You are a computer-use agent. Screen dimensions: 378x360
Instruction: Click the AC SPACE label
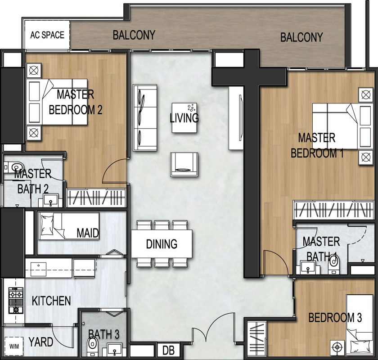tap(47, 35)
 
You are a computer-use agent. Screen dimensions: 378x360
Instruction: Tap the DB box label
tap(168, 351)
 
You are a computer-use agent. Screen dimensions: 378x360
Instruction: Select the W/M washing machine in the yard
tap(14, 346)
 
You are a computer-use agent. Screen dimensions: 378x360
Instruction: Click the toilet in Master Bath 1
tap(334, 265)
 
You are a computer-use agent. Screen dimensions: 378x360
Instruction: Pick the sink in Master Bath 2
tap(50, 201)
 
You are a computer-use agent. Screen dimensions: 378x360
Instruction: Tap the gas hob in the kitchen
tap(16, 300)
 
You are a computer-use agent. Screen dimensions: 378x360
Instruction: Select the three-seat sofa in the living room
tap(145, 117)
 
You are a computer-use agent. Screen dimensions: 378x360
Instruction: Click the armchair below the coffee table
tap(184, 164)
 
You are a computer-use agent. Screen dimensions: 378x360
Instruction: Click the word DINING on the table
tap(162, 244)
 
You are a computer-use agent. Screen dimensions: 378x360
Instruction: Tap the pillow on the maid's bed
tap(47, 225)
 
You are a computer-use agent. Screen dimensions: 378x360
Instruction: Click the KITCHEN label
tap(51, 301)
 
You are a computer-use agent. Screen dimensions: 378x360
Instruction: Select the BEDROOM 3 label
tap(335, 318)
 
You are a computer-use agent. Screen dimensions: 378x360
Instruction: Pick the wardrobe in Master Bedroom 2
tap(96, 198)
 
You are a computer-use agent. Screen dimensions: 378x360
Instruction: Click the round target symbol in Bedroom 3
tap(337, 347)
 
